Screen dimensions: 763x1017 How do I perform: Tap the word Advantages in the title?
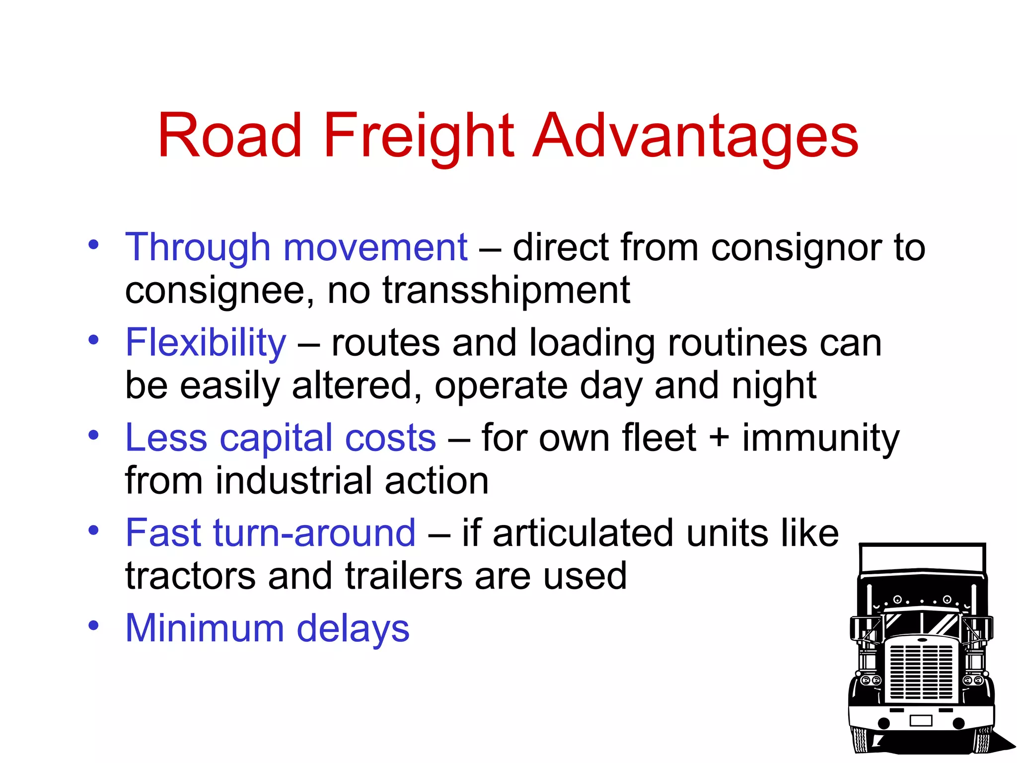tap(695, 136)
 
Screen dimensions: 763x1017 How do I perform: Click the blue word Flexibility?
tap(206, 343)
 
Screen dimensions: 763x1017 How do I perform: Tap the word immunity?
tap(820, 438)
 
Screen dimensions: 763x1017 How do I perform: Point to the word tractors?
tap(190, 576)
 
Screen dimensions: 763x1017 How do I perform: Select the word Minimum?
tap(205, 628)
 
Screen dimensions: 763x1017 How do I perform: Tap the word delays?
tap(353, 629)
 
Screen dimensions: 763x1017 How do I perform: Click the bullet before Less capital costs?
tap(93, 435)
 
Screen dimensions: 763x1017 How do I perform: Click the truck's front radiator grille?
tap(922, 671)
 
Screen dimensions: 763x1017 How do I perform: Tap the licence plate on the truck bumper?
tap(921, 720)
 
